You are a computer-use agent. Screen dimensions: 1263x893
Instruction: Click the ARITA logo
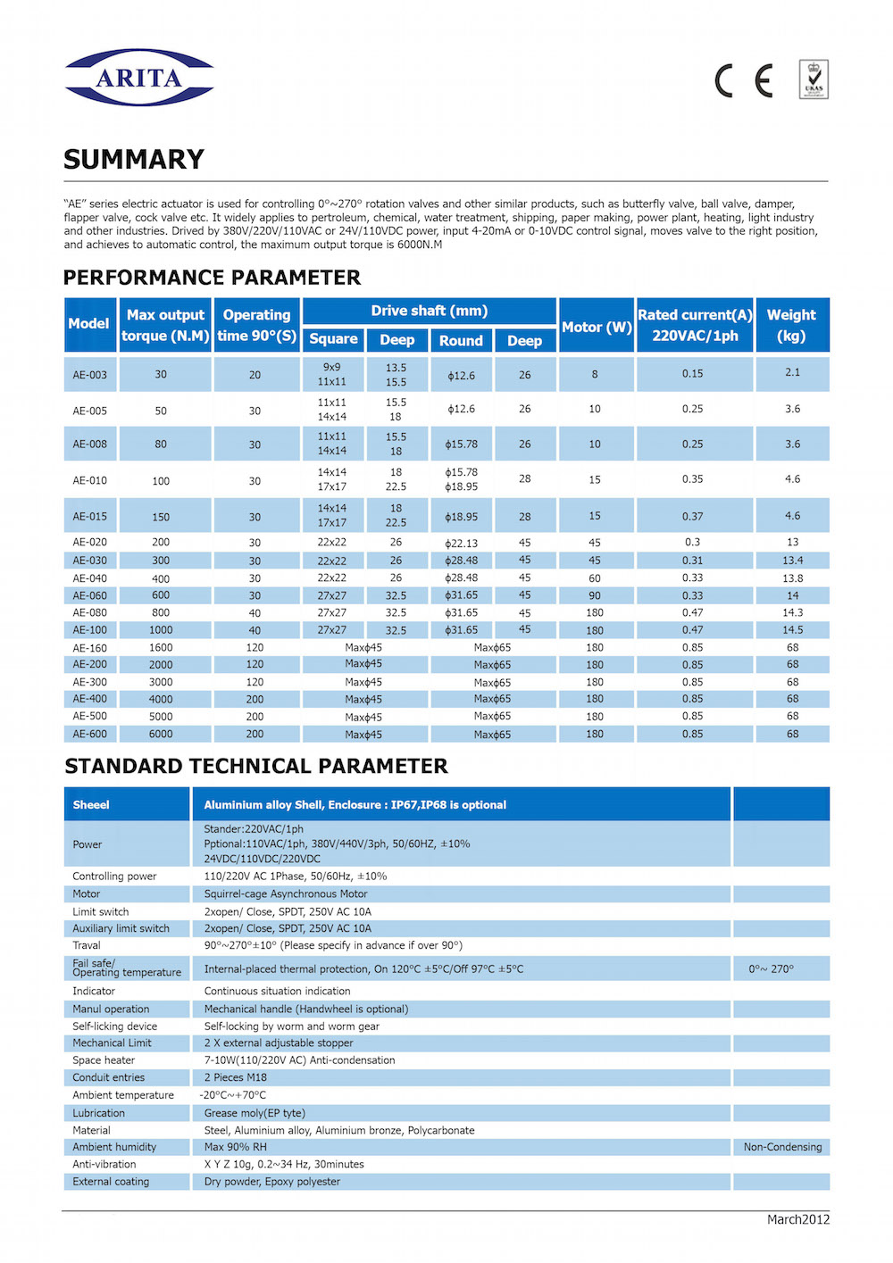pos(138,78)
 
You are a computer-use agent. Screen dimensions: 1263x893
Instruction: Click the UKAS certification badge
pos(814,79)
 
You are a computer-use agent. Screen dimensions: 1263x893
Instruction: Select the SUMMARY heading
pos(134,160)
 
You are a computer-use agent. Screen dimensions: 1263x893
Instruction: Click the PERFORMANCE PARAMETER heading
pos(213,278)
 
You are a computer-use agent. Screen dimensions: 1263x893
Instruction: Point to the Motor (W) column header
pos(597,327)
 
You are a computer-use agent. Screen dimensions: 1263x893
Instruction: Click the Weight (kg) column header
pos(791,325)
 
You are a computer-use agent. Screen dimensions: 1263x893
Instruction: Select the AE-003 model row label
pos(89,375)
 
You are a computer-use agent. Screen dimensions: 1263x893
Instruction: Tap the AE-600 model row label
pos(89,735)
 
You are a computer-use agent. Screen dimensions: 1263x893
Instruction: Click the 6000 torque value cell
pos(161,735)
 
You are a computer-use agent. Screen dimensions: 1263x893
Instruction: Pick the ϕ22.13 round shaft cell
pos(461,543)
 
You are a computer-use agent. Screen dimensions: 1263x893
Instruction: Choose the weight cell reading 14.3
pos(792,613)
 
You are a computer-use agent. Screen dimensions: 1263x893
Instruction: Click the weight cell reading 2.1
pos(792,373)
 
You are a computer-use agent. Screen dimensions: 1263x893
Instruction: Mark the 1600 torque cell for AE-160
pos(161,648)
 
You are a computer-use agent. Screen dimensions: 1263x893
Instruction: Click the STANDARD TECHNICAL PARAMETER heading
pos(256,767)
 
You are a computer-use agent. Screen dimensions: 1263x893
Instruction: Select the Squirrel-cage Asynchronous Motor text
pos(286,894)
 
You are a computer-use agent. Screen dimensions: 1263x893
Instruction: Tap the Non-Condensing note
pos(782,1148)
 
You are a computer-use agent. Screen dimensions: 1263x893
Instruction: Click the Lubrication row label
pos(98,1114)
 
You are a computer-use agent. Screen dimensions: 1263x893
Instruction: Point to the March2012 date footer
pos(797,1220)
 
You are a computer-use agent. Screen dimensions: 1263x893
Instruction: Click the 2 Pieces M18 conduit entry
pos(236,1078)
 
